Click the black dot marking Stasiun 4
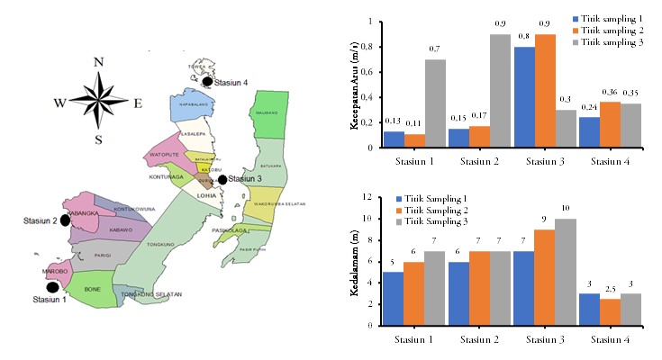point(207,81)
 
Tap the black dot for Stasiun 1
point(52,287)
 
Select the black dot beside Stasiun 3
point(222,179)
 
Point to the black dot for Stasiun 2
point(65,220)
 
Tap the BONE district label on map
point(93,288)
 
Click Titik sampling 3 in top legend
point(612,42)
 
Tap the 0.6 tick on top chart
point(363,71)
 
